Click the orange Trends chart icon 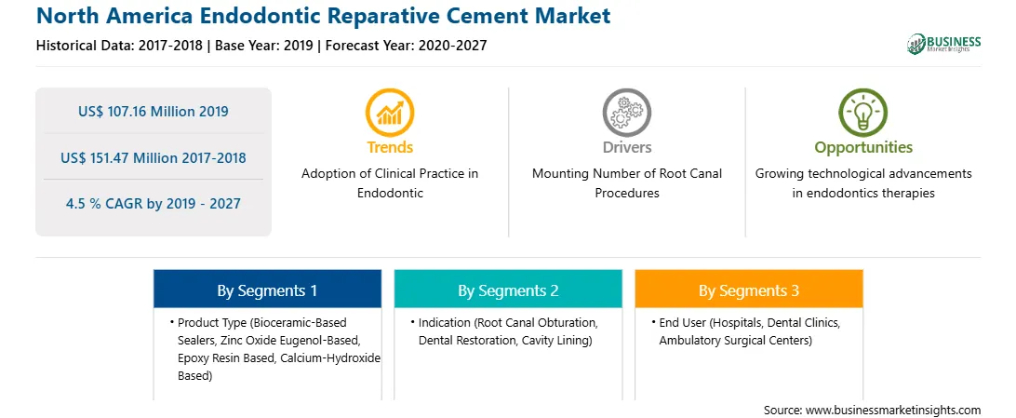pyautogui.click(x=390, y=113)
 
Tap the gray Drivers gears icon pyautogui.click(x=626, y=113)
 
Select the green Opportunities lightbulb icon pyautogui.click(x=863, y=113)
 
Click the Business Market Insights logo pyautogui.click(x=944, y=44)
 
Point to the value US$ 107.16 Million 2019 pyautogui.click(x=154, y=112)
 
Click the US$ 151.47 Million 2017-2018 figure pyautogui.click(x=154, y=157)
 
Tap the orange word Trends pyautogui.click(x=390, y=147)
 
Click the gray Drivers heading pyautogui.click(x=626, y=147)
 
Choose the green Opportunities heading pyautogui.click(x=863, y=147)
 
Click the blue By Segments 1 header pyautogui.click(x=267, y=290)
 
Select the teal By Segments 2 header pyautogui.click(x=508, y=290)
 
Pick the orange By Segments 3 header pyautogui.click(x=749, y=290)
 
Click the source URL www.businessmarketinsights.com pyautogui.click(x=894, y=410)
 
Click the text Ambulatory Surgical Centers pyautogui.click(x=735, y=340)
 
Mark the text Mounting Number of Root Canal pyautogui.click(x=626, y=174)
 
